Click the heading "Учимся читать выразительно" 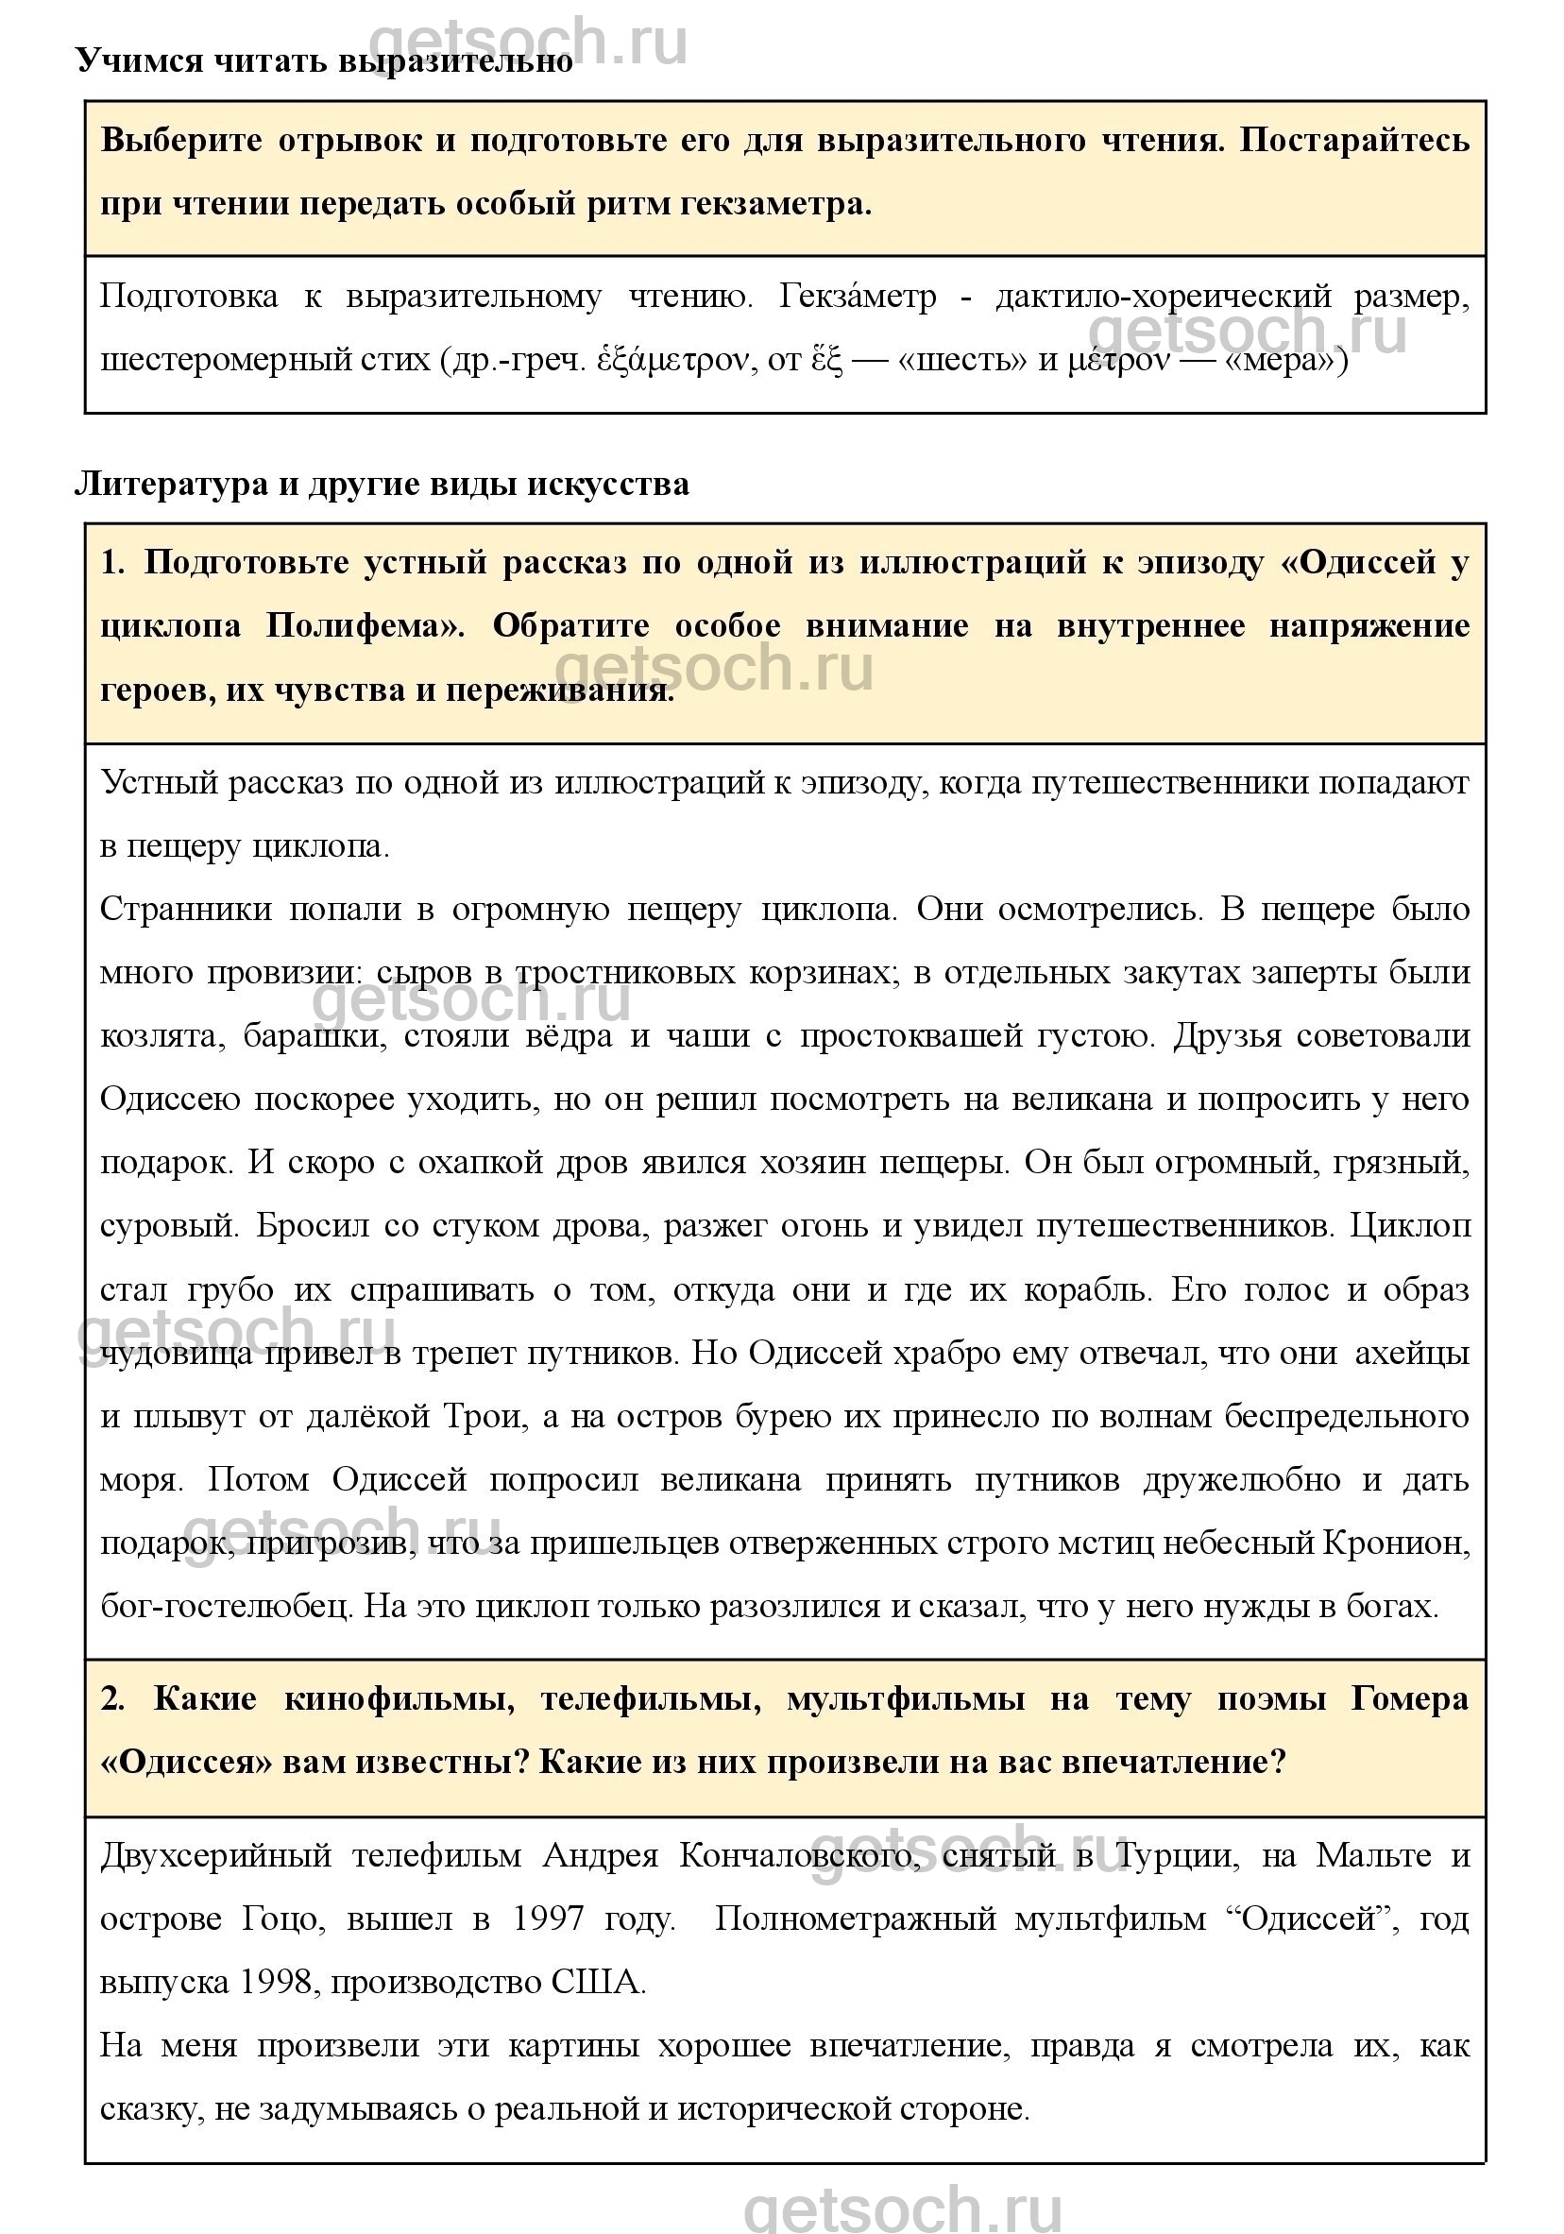pos(324,60)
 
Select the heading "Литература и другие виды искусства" pos(382,484)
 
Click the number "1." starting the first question pos(113,561)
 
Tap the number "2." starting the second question pos(113,1698)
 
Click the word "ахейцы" pos(1412,1353)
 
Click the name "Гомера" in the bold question pos(1409,1698)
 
